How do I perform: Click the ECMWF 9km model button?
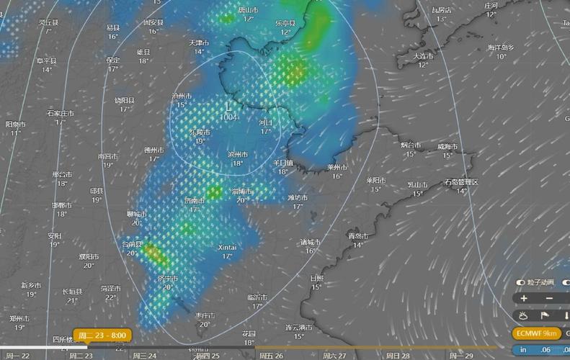click(538, 333)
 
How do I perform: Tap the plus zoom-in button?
click(524, 298)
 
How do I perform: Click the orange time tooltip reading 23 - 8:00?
click(102, 336)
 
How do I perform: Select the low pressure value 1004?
click(228, 117)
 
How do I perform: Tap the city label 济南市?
click(195, 199)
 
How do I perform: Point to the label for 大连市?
click(424, 55)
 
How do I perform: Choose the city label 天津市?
click(199, 42)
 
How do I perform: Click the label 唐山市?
click(249, 10)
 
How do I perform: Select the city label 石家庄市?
click(61, 113)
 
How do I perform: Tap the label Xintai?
click(227, 247)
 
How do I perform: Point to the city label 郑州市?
click(19, 318)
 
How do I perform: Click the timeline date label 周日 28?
click(397, 355)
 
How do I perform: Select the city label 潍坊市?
click(298, 197)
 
